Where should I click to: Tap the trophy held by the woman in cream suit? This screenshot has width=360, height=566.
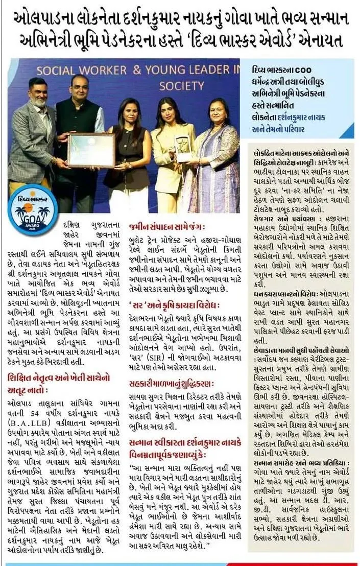click(181, 148)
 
